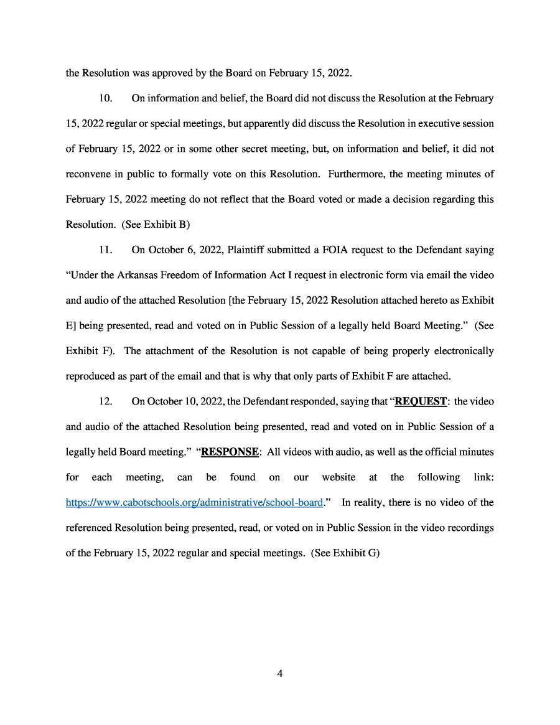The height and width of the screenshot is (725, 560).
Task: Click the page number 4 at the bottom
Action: click(x=280, y=673)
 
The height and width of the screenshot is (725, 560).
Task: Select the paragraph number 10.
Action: click(x=106, y=98)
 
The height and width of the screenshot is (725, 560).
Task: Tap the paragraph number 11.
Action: click(x=106, y=250)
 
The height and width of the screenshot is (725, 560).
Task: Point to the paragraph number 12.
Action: click(x=106, y=401)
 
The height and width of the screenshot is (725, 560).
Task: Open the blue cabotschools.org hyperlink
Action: click(x=194, y=502)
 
